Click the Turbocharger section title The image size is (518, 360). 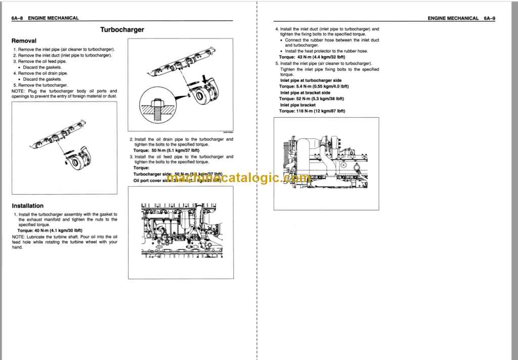[x=122, y=30]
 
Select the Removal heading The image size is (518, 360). [x=24, y=40]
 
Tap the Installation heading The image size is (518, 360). [x=27, y=206]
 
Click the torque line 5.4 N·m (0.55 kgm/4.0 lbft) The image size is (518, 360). [x=314, y=86]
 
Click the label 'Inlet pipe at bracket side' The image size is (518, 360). [x=305, y=93]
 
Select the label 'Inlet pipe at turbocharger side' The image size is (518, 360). [x=311, y=80]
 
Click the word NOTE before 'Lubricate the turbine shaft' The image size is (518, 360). [x=18, y=237]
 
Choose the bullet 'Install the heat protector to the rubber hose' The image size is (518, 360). [x=326, y=51]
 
